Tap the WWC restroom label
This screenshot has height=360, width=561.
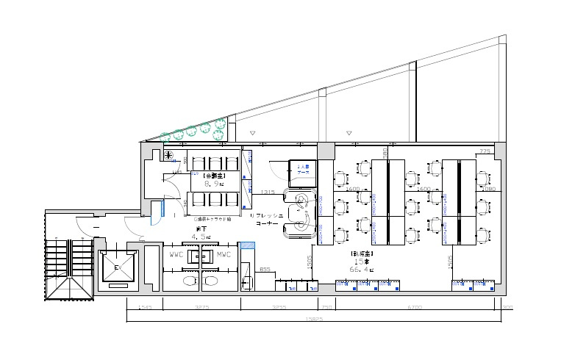176,256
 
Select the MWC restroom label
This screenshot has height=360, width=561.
224,256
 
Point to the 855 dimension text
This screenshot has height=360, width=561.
265,270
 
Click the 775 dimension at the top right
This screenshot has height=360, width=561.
485,151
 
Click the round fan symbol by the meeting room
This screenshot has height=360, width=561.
168,155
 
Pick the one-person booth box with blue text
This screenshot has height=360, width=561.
302,170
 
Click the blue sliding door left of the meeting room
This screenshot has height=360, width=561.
155,213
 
